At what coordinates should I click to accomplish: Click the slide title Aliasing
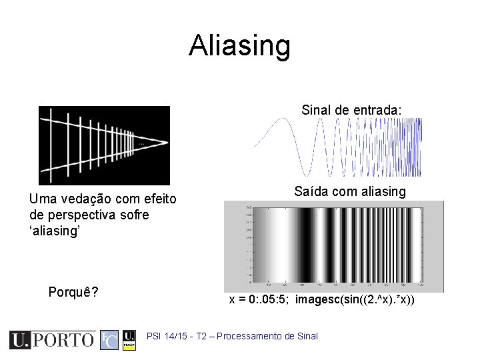239,46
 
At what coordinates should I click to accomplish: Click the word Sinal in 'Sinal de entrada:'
316,109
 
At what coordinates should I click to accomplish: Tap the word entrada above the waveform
376,109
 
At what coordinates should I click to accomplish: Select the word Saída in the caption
310,192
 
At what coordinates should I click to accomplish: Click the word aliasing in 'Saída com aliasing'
381,192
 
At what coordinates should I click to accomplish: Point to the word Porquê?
73,292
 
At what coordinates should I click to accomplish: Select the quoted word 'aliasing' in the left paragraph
55,231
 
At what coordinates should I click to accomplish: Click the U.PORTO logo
52,340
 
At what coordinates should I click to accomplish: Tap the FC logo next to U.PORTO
109,340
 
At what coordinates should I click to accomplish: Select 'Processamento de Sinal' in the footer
267,336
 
